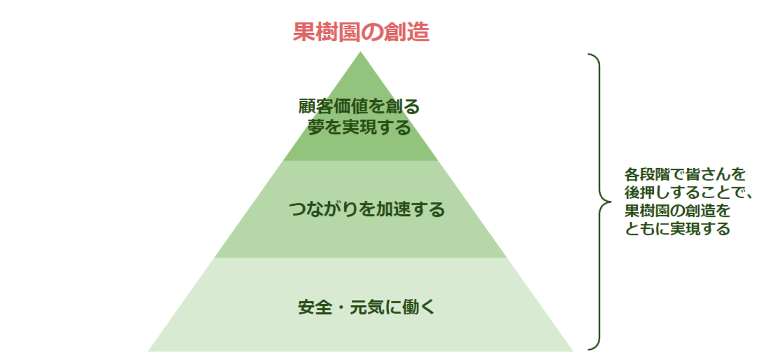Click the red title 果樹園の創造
[x=361, y=32]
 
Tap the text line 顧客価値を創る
[x=359, y=107]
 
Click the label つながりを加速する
[x=367, y=209]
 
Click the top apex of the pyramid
[x=360, y=52]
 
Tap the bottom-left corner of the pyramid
[x=149, y=351]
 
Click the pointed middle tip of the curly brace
[x=609, y=202]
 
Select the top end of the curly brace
[x=589, y=55]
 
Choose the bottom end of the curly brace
[x=589, y=349]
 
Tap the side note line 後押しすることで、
[x=689, y=193]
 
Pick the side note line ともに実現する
[x=677, y=229]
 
